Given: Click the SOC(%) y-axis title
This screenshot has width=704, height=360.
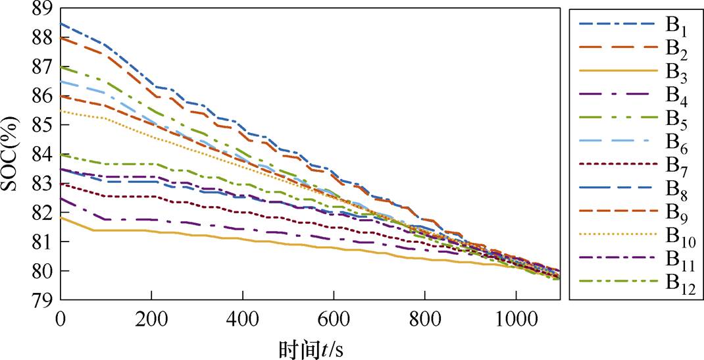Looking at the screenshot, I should [x=11, y=155].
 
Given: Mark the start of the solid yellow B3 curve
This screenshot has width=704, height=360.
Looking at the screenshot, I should [x=61, y=217].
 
